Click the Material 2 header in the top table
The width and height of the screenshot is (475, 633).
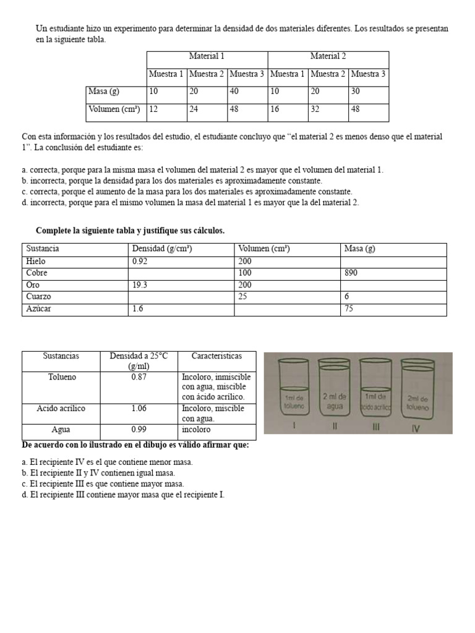coord(328,56)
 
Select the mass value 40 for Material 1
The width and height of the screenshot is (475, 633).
coord(235,91)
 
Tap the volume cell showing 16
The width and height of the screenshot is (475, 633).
coord(275,109)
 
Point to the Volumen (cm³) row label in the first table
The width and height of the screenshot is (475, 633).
coord(114,109)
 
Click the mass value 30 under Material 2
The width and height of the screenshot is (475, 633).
coord(356,91)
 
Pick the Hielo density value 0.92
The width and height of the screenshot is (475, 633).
coord(140,261)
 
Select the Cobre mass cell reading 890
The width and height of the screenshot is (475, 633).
coord(351,273)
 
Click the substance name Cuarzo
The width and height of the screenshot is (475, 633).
coord(39,297)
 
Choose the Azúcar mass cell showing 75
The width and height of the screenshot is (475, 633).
coord(349,308)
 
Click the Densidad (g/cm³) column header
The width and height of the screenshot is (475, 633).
coord(161,249)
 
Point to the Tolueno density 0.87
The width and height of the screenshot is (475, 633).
coord(139,376)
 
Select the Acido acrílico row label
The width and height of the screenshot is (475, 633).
coord(61,409)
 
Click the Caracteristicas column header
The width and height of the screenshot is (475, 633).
coord(216,357)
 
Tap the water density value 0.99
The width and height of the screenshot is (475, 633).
coord(139,429)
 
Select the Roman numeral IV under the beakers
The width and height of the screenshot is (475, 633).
coord(415,428)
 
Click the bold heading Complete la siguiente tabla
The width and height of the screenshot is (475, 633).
coord(130,231)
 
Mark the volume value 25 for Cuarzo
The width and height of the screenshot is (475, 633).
coord(244,297)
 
